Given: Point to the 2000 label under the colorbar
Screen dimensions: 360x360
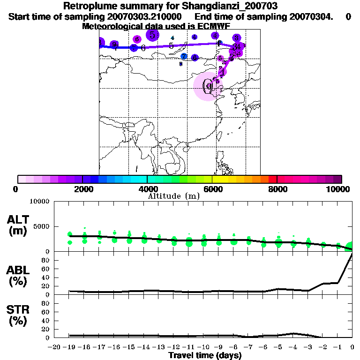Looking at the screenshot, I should [82, 189].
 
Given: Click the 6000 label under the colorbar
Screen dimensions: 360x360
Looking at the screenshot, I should [212, 189].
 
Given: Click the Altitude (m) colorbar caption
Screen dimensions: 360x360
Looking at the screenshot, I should [173, 196].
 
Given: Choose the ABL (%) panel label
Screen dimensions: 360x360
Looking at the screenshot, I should [18, 277].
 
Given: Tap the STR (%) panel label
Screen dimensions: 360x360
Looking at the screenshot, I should [18, 315].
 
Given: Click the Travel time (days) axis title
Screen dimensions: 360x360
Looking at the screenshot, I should [205, 355].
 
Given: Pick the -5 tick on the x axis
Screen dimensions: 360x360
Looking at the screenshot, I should [278, 347].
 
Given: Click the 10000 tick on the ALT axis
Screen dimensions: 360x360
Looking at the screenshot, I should [39, 202].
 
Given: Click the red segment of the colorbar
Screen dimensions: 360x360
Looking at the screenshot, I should [272, 179].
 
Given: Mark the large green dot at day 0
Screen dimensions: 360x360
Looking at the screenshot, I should [351, 247].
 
